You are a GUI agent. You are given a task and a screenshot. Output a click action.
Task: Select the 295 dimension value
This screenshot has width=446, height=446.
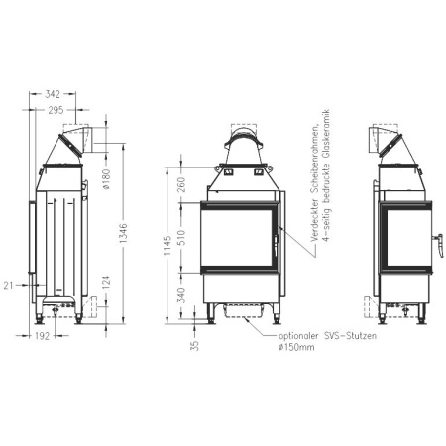56,112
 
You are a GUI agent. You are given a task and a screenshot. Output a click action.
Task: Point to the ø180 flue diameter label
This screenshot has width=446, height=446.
107,181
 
